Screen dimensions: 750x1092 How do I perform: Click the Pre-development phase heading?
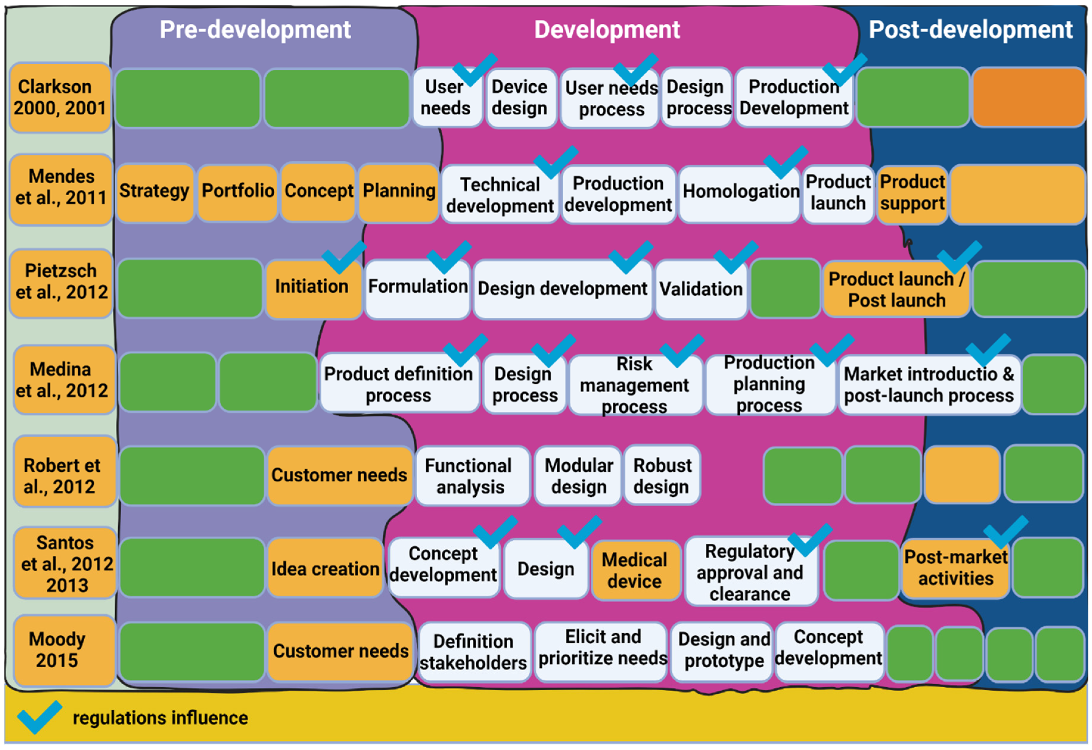[255, 29]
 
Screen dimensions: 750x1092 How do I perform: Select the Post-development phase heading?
[970, 29]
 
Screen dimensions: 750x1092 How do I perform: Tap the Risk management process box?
[634, 385]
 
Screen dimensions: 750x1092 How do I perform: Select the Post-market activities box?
[955, 568]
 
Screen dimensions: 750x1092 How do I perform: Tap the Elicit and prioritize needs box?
[602, 651]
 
